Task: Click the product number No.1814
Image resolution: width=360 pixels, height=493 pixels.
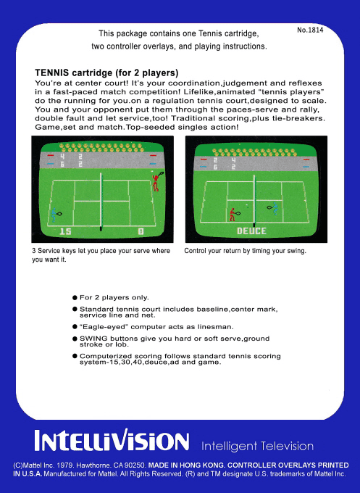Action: [x=310, y=30]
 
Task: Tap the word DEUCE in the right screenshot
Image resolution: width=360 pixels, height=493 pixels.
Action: [x=251, y=231]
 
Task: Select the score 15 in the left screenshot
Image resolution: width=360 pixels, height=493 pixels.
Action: [x=65, y=231]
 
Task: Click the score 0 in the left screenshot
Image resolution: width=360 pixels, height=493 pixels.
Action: [x=141, y=231]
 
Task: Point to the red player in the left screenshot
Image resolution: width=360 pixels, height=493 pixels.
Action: [x=156, y=182]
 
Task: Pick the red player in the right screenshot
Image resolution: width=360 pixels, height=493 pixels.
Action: [x=233, y=214]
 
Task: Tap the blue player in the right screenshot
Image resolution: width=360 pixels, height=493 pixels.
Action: [x=275, y=208]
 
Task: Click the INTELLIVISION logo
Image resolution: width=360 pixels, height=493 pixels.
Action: [x=112, y=442]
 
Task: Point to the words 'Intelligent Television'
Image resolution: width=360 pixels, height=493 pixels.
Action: [x=257, y=446]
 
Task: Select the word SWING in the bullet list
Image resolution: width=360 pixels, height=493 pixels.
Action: [x=93, y=339]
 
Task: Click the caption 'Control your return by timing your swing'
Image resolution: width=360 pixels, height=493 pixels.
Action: [x=245, y=251]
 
